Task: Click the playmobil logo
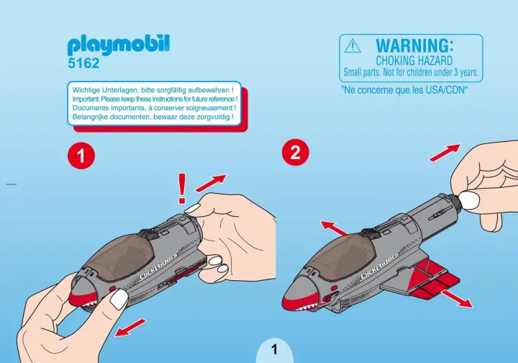[119, 45]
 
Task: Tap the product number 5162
[83, 63]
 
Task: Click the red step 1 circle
[81, 156]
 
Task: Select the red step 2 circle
[296, 153]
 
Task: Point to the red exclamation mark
[182, 189]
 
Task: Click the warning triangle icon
[353, 45]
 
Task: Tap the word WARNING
[414, 45]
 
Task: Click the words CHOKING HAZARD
[414, 60]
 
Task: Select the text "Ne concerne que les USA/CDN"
[404, 90]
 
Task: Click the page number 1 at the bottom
[274, 349]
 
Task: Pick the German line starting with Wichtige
[153, 90]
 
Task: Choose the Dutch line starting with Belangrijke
[153, 117]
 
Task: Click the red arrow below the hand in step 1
[129, 328]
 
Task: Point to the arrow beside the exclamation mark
[211, 183]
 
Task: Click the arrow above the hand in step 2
[445, 153]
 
